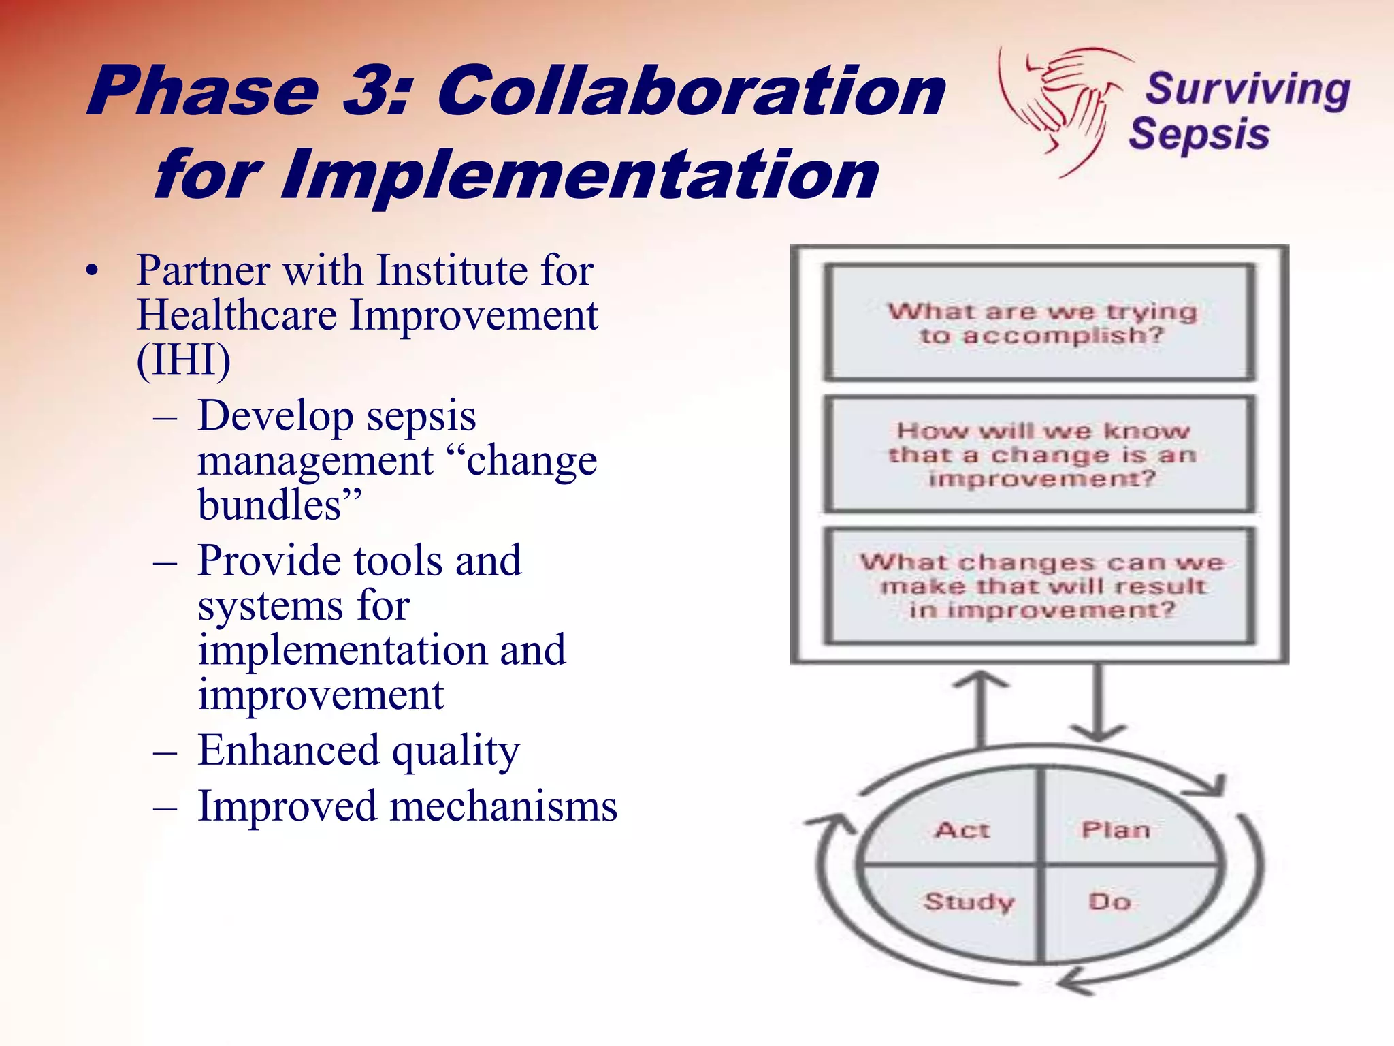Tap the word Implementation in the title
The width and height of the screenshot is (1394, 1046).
click(579, 176)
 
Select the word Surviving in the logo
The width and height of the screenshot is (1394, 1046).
click(1248, 89)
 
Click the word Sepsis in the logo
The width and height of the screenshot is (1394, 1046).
click(1199, 134)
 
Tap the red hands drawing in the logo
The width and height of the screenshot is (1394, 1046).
click(1062, 102)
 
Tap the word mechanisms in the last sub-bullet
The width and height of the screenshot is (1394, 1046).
click(503, 807)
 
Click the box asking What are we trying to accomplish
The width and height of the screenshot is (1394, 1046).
click(1040, 323)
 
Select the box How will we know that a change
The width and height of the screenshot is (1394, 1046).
click(1040, 454)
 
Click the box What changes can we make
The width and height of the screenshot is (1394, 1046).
click(1040, 586)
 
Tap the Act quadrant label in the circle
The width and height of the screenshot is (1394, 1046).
click(962, 830)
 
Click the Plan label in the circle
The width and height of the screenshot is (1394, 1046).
click(1116, 830)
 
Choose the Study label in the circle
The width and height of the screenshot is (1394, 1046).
click(969, 902)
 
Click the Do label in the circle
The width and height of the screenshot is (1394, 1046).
click(1110, 902)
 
